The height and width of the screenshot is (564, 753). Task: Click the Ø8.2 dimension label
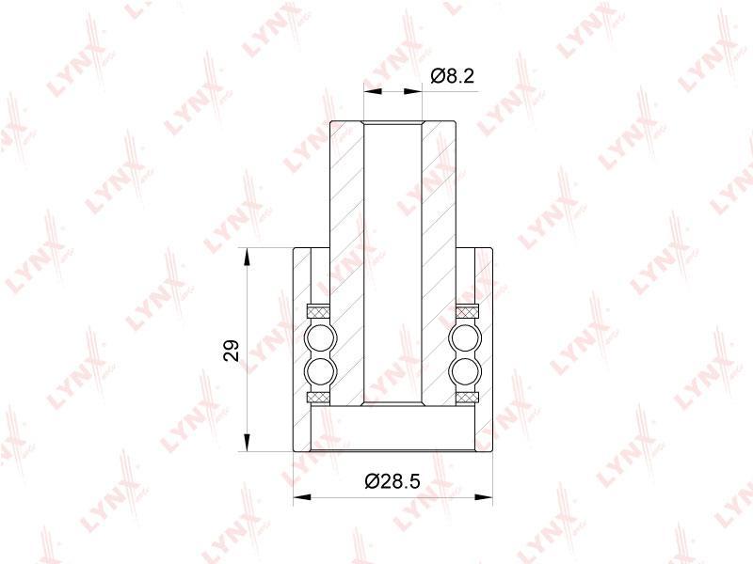click(453, 76)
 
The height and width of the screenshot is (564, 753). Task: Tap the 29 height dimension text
click(232, 350)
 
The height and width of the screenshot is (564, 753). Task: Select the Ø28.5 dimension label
click(393, 480)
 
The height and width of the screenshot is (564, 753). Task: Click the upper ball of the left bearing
click(320, 339)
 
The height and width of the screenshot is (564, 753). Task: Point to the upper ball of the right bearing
click(465, 339)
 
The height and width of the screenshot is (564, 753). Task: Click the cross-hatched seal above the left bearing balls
click(318, 311)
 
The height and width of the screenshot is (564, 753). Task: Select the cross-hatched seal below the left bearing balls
click(318, 398)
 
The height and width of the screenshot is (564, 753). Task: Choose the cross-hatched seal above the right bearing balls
click(467, 311)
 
